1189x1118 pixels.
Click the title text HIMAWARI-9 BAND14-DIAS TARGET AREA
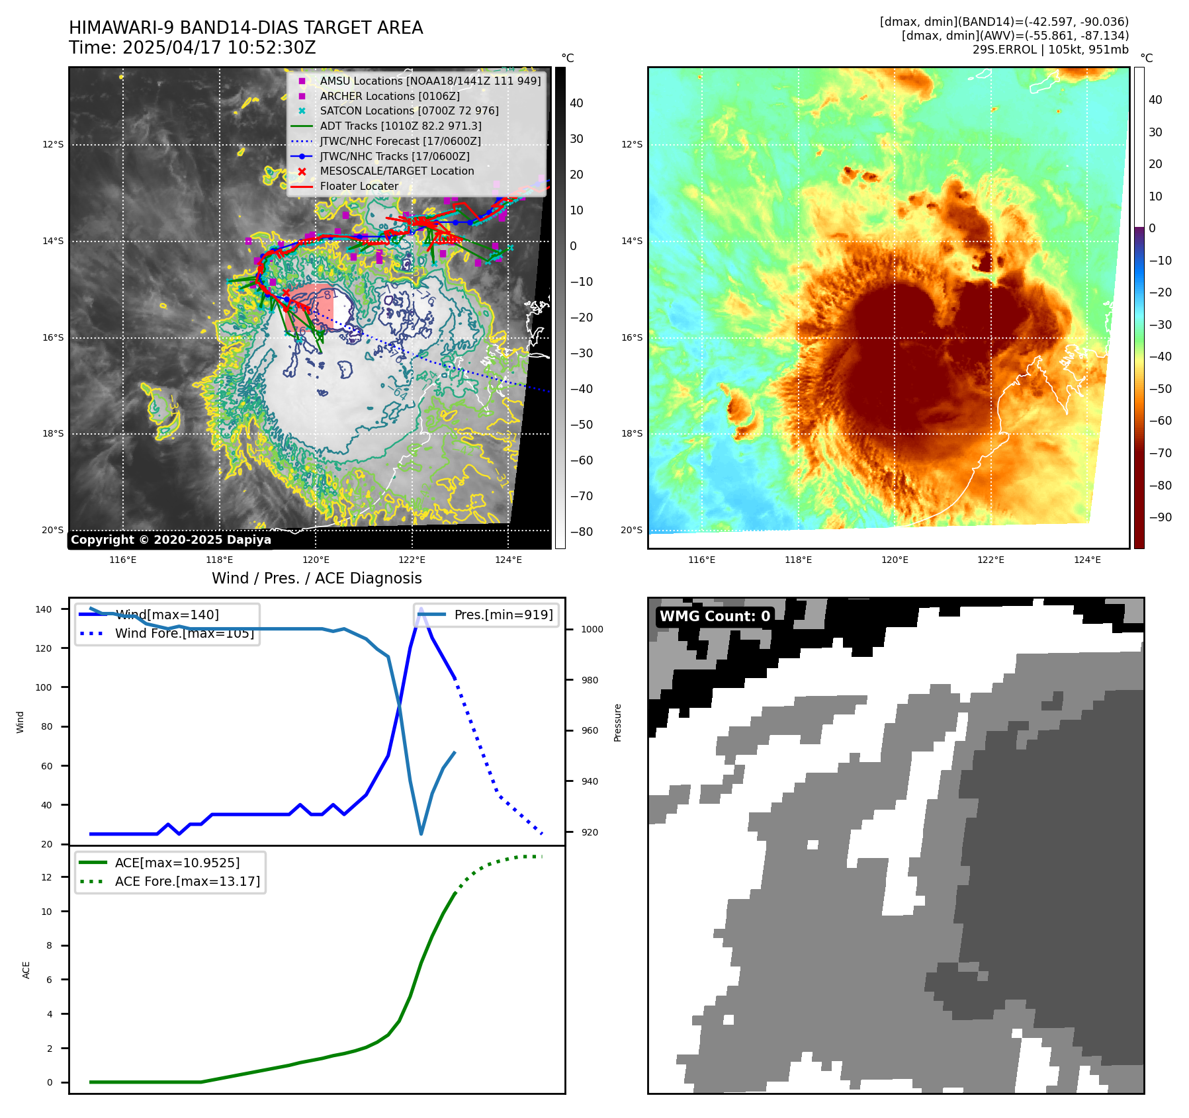pyautogui.click(x=245, y=28)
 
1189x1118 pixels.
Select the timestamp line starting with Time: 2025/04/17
pyautogui.click(x=192, y=48)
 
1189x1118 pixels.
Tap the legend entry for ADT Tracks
pyautogui.click(x=400, y=126)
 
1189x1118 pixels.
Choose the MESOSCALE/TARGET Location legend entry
pyautogui.click(x=396, y=171)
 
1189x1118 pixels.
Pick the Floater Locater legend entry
pyautogui.click(x=359, y=186)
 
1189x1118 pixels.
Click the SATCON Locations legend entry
pyautogui.click(x=409, y=110)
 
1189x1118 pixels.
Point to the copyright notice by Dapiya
pyautogui.click(x=171, y=540)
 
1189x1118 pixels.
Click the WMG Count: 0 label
pyautogui.click(x=715, y=616)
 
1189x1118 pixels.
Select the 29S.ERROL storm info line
pyautogui.click(x=1050, y=50)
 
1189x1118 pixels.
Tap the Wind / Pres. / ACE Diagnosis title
pyautogui.click(x=316, y=578)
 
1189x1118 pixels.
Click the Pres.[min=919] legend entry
pyautogui.click(x=503, y=615)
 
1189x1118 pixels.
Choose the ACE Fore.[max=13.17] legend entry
pyautogui.click(x=187, y=881)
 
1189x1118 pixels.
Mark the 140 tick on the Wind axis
pyautogui.click(x=44, y=609)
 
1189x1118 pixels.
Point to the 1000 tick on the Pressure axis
pyautogui.click(x=592, y=629)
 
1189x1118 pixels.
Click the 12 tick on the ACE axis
pyautogui.click(x=46, y=877)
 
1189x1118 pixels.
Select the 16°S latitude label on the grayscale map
pyautogui.click(x=53, y=337)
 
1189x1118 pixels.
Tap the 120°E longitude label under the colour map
pyautogui.click(x=895, y=560)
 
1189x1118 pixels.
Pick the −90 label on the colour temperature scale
pyautogui.click(x=1160, y=517)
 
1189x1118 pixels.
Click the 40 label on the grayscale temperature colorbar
pyautogui.click(x=576, y=103)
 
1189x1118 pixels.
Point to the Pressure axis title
pyautogui.click(x=617, y=722)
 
